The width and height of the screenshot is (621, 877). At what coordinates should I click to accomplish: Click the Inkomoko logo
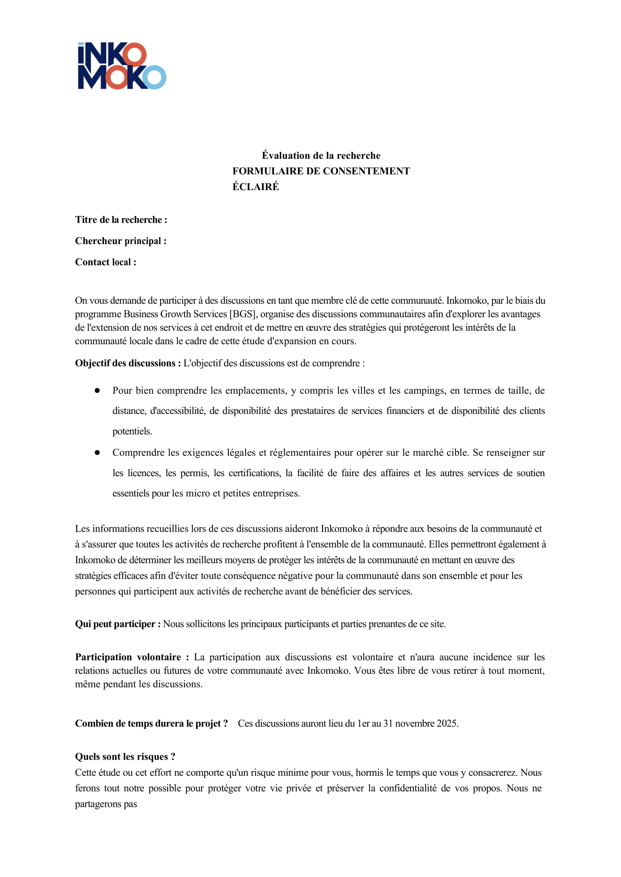point(121,66)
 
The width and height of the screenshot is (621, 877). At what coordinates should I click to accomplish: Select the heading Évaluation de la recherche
point(321,156)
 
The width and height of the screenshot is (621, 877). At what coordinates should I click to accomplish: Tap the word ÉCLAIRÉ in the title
point(255,187)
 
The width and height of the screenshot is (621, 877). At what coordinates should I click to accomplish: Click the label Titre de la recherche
point(121,220)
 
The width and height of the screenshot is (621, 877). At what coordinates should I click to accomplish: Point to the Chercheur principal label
point(120,241)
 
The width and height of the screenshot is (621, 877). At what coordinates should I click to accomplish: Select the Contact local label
point(105,262)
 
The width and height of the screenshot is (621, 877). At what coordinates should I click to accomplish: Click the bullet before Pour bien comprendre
point(97,390)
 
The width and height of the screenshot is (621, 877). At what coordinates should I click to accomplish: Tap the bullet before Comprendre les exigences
point(97,452)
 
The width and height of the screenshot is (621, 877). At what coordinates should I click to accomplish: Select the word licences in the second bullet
point(144,473)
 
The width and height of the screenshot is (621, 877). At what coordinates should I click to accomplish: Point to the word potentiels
point(132,431)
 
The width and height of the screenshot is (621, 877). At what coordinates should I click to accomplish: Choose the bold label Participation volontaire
point(132,657)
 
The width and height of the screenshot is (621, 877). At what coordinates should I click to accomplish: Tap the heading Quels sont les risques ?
point(125,757)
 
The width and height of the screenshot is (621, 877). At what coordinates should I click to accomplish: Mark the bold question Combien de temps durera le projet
point(151,723)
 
